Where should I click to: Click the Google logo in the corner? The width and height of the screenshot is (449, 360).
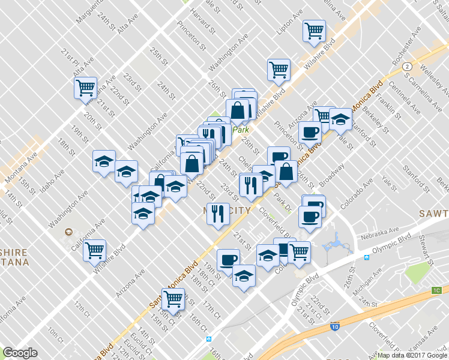coord(20,352)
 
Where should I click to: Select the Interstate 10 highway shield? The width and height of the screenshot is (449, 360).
coord(335,327)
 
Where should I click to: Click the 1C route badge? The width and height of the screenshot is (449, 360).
coord(436,291)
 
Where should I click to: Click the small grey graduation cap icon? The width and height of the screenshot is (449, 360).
coord(68,232)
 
